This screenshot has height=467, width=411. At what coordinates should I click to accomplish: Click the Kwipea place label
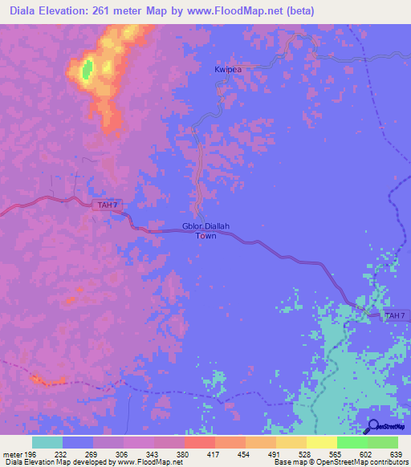click(x=229, y=70)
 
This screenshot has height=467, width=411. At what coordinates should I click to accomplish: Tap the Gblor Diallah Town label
click(x=206, y=231)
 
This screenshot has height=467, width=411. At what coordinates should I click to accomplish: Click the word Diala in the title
click(x=25, y=11)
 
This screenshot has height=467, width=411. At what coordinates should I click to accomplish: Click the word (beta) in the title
click(x=295, y=11)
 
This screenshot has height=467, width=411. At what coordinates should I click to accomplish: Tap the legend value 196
click(x=31, y=453)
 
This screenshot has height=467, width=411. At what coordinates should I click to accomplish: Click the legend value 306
click(x=123, y=453)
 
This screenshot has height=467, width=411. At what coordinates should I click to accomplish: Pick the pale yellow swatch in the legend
click(x=321, y=442)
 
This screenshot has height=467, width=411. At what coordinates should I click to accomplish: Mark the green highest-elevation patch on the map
click(x=86, y=68)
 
